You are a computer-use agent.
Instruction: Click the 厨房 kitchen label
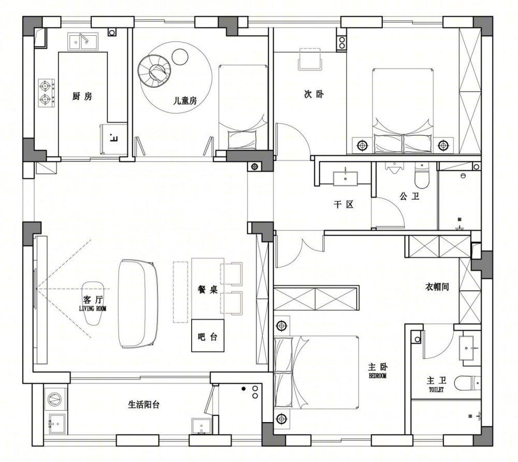tap(82, 96)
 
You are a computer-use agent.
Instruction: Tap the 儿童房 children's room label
tap(185, 101)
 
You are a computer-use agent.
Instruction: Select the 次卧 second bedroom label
tap(314, 94)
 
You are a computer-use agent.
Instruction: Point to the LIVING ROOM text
tap(93, 309)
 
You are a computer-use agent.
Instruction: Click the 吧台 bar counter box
tap(208, 335)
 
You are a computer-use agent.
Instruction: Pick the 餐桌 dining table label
tap(208, 290)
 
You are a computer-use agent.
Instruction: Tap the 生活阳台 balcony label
tap(143, 404)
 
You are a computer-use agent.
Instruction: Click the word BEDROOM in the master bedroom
tap(378, 376)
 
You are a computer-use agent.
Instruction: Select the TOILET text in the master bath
tap(436, 390)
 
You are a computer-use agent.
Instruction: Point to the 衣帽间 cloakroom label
tap(437, 287)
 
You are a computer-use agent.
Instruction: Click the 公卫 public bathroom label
tap(410, 197)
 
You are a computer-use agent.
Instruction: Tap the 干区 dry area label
tap(343, 204)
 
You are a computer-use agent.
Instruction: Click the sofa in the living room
tap(138, 303)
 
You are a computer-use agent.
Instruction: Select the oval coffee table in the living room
tap(93, 303)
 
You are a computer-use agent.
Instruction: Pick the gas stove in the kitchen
tap(46, 93)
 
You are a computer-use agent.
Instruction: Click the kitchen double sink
tap(83, 41)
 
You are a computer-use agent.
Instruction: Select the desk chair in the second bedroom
tap(310, 59)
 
